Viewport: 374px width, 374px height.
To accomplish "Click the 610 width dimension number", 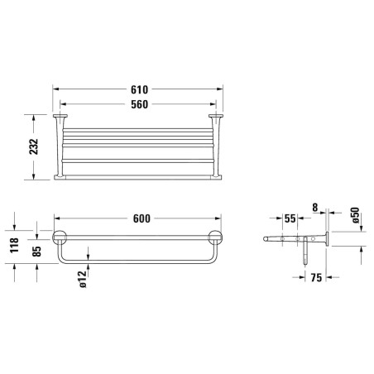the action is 139,89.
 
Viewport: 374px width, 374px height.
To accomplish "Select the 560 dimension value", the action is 139,104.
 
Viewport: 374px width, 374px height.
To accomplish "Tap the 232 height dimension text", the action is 34,146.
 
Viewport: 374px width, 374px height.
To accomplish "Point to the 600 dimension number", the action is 141,218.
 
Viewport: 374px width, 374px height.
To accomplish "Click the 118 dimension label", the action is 14,245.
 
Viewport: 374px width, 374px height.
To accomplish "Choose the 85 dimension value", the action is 36,252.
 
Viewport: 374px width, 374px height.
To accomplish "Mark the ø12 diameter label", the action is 83,280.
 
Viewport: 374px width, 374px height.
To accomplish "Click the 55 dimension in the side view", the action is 290,218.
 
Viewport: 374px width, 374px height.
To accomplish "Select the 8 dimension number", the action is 315,208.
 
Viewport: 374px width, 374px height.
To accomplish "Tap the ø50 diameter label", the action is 355,215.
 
